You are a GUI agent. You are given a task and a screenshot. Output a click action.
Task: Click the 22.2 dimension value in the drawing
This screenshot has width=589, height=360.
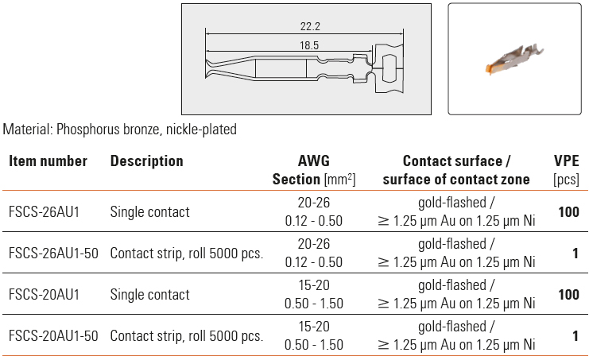pyautogui.click(x=310, y=26)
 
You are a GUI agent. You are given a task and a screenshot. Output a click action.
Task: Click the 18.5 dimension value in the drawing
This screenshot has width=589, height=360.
pyautogui.click(x=309, y=45)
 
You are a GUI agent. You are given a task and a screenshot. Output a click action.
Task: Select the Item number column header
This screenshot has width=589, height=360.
pyautogui.click(x=48, y=161)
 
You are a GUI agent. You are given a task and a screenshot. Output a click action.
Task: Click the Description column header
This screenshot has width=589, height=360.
pyautogui.click(x=146, y=161)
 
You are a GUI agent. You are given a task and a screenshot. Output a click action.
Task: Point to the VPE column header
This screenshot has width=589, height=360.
pyautogui.click(x=566, y=161)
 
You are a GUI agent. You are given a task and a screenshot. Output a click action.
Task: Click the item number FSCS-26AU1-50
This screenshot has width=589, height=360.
pyautogui.click(x=53, y=254)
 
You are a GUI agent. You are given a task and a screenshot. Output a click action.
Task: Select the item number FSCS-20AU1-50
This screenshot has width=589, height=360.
pyautogui.click(x=53, y=336)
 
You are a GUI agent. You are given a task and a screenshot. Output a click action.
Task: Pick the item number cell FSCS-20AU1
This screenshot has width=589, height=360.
pyautogui.click(x=44, y=295)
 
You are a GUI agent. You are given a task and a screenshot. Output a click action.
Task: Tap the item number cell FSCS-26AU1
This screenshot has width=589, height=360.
pyautogui.click(x=44, y=212)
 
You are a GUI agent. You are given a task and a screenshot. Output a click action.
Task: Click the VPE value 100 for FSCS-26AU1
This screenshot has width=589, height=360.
pyautogui.click(x=568, y=212)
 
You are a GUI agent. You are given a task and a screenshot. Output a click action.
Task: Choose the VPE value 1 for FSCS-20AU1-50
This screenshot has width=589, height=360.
pyautogui.click(x=575, y=336)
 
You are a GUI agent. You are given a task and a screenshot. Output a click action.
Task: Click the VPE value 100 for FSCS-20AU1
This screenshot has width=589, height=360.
pyautogui.click(x=568, y=295)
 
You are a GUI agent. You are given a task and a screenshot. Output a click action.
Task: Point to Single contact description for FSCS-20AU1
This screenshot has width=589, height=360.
pyautogui.click(x=150, y=295)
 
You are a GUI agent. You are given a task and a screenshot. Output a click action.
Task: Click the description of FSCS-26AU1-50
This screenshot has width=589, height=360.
pyautogui.click(x=187, y=254)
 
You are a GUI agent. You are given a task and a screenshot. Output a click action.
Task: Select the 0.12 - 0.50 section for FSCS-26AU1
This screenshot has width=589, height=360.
pyautogui.click(x=314, y=221)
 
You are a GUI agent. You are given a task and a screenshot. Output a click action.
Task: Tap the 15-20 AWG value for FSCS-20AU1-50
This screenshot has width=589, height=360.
pyautogui.click(x=314, y=326)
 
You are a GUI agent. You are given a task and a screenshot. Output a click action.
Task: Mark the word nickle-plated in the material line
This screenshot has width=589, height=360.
pyautogui.click(x=201, y=129)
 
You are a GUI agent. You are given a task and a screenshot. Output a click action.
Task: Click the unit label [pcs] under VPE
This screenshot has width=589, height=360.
pyautogui.click(x=566, y=180)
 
